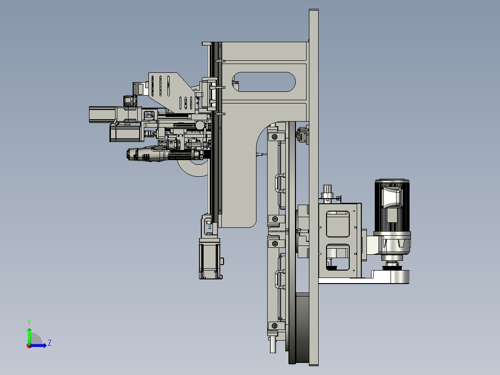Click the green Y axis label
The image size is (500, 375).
pos(29,323)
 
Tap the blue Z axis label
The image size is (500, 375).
pos(50,343)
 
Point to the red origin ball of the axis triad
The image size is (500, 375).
pos(29,346)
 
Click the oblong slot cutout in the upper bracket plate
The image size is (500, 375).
pos(264,82)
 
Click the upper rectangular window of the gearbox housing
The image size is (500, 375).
pos(338,224)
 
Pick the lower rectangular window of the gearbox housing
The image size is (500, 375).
pos(338,257)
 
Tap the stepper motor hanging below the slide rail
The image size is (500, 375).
pos(210,259)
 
